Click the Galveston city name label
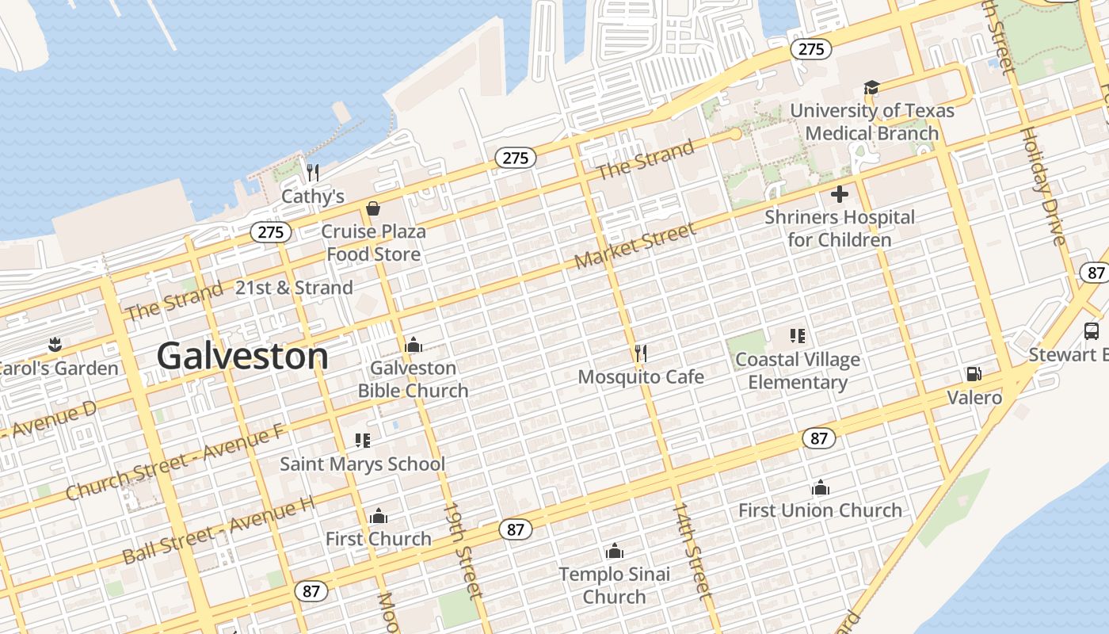click(242, 356)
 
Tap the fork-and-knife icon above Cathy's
click(313, 172)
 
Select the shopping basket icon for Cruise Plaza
click(373, 208)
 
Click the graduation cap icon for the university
click(871, 87)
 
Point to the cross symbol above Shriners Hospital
click(840, 193)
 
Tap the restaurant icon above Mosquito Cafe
click(640, 353)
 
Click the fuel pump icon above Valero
click(974, 374)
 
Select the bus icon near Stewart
click(1092, 330)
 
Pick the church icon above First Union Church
click(820, 487)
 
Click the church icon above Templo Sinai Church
click(614, 551)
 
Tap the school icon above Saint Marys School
click(363, 441)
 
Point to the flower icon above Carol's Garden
click(55, 345)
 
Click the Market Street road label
click(635, 246)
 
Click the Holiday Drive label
click(1043, 185)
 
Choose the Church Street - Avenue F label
click(174, 462)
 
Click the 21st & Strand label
click(294, 288)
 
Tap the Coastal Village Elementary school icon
click(797, 336)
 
